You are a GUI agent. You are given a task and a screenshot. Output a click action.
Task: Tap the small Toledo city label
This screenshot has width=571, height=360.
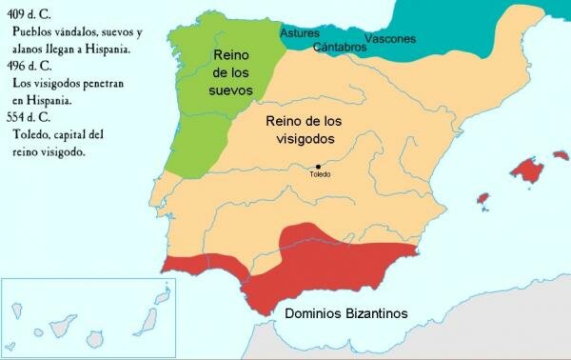pos(321,176)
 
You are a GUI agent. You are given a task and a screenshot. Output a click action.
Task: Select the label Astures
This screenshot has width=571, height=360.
pos(300,33)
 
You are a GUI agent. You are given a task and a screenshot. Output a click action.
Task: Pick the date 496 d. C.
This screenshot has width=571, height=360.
pos(26,83)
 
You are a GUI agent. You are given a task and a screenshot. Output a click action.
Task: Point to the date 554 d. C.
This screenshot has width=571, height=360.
pos(26,118)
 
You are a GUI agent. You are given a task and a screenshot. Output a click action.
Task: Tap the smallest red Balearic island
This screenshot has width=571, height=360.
pos(482,201)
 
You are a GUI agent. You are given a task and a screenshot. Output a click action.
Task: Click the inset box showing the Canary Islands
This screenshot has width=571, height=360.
pos(82,318)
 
